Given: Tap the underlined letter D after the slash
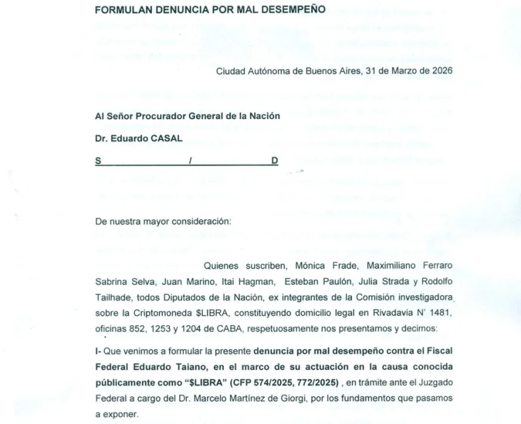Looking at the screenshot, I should [274, 161].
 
